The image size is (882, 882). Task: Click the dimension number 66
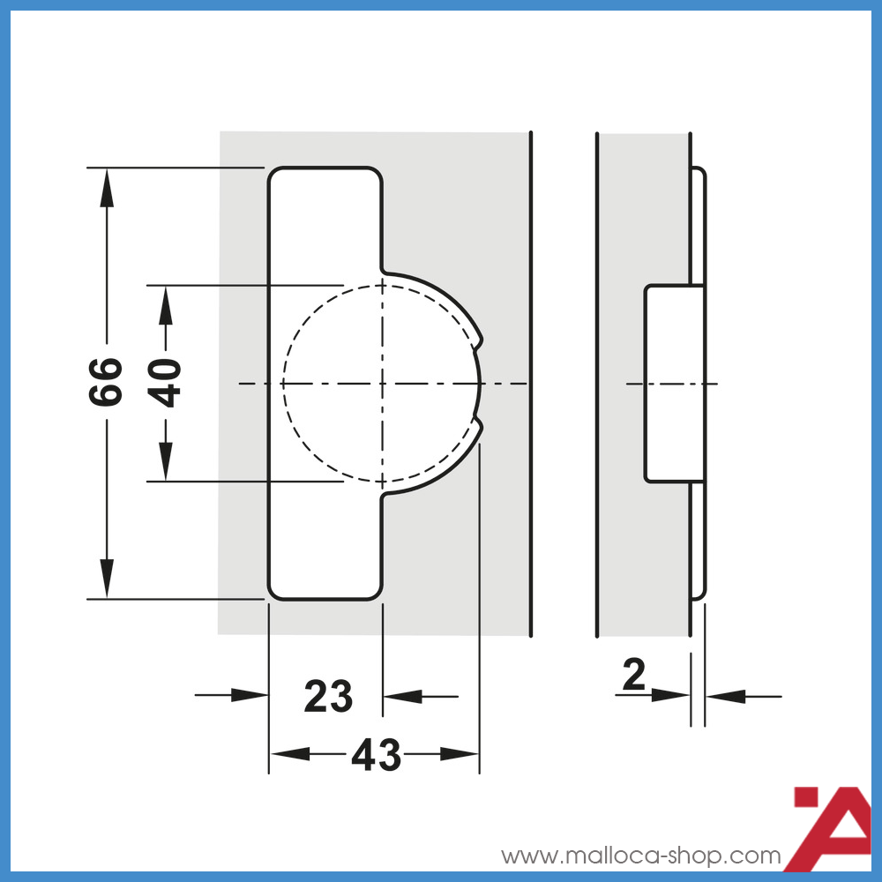pyautogui.click(x=106, y=382)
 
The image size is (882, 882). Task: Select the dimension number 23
pyautogui.click(x=328, y=697)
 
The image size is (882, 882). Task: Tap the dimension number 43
pyautogui.click(x=376, y=755)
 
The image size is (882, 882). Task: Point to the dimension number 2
pyautogui.click(x=634, y=676)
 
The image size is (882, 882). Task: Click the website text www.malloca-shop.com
pyautogui.click(x=641, y=856)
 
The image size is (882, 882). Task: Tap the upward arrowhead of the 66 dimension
pyautogui.click(x=107, y=183)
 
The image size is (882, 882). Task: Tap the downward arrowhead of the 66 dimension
pyautogui.click(x=107, y=582)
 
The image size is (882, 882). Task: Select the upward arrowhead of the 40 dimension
pyautogui.click(x=165, y=301)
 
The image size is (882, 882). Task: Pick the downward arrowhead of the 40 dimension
pyautogui.click(x=165, y=465)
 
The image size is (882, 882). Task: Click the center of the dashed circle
pyautogui.click(x=382, y=384)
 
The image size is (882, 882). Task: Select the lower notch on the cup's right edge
pyautogui.click(x=481, y=429)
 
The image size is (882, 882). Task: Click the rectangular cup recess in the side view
pyautogui.click(x=674, y=384)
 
